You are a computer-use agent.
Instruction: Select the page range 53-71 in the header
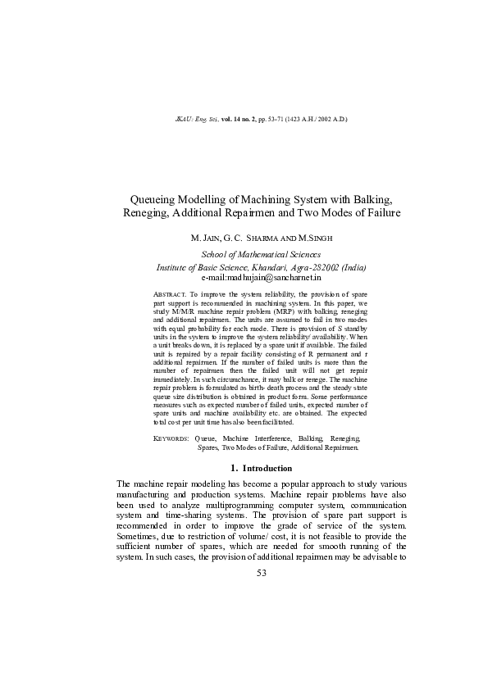(x=272, y=120)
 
